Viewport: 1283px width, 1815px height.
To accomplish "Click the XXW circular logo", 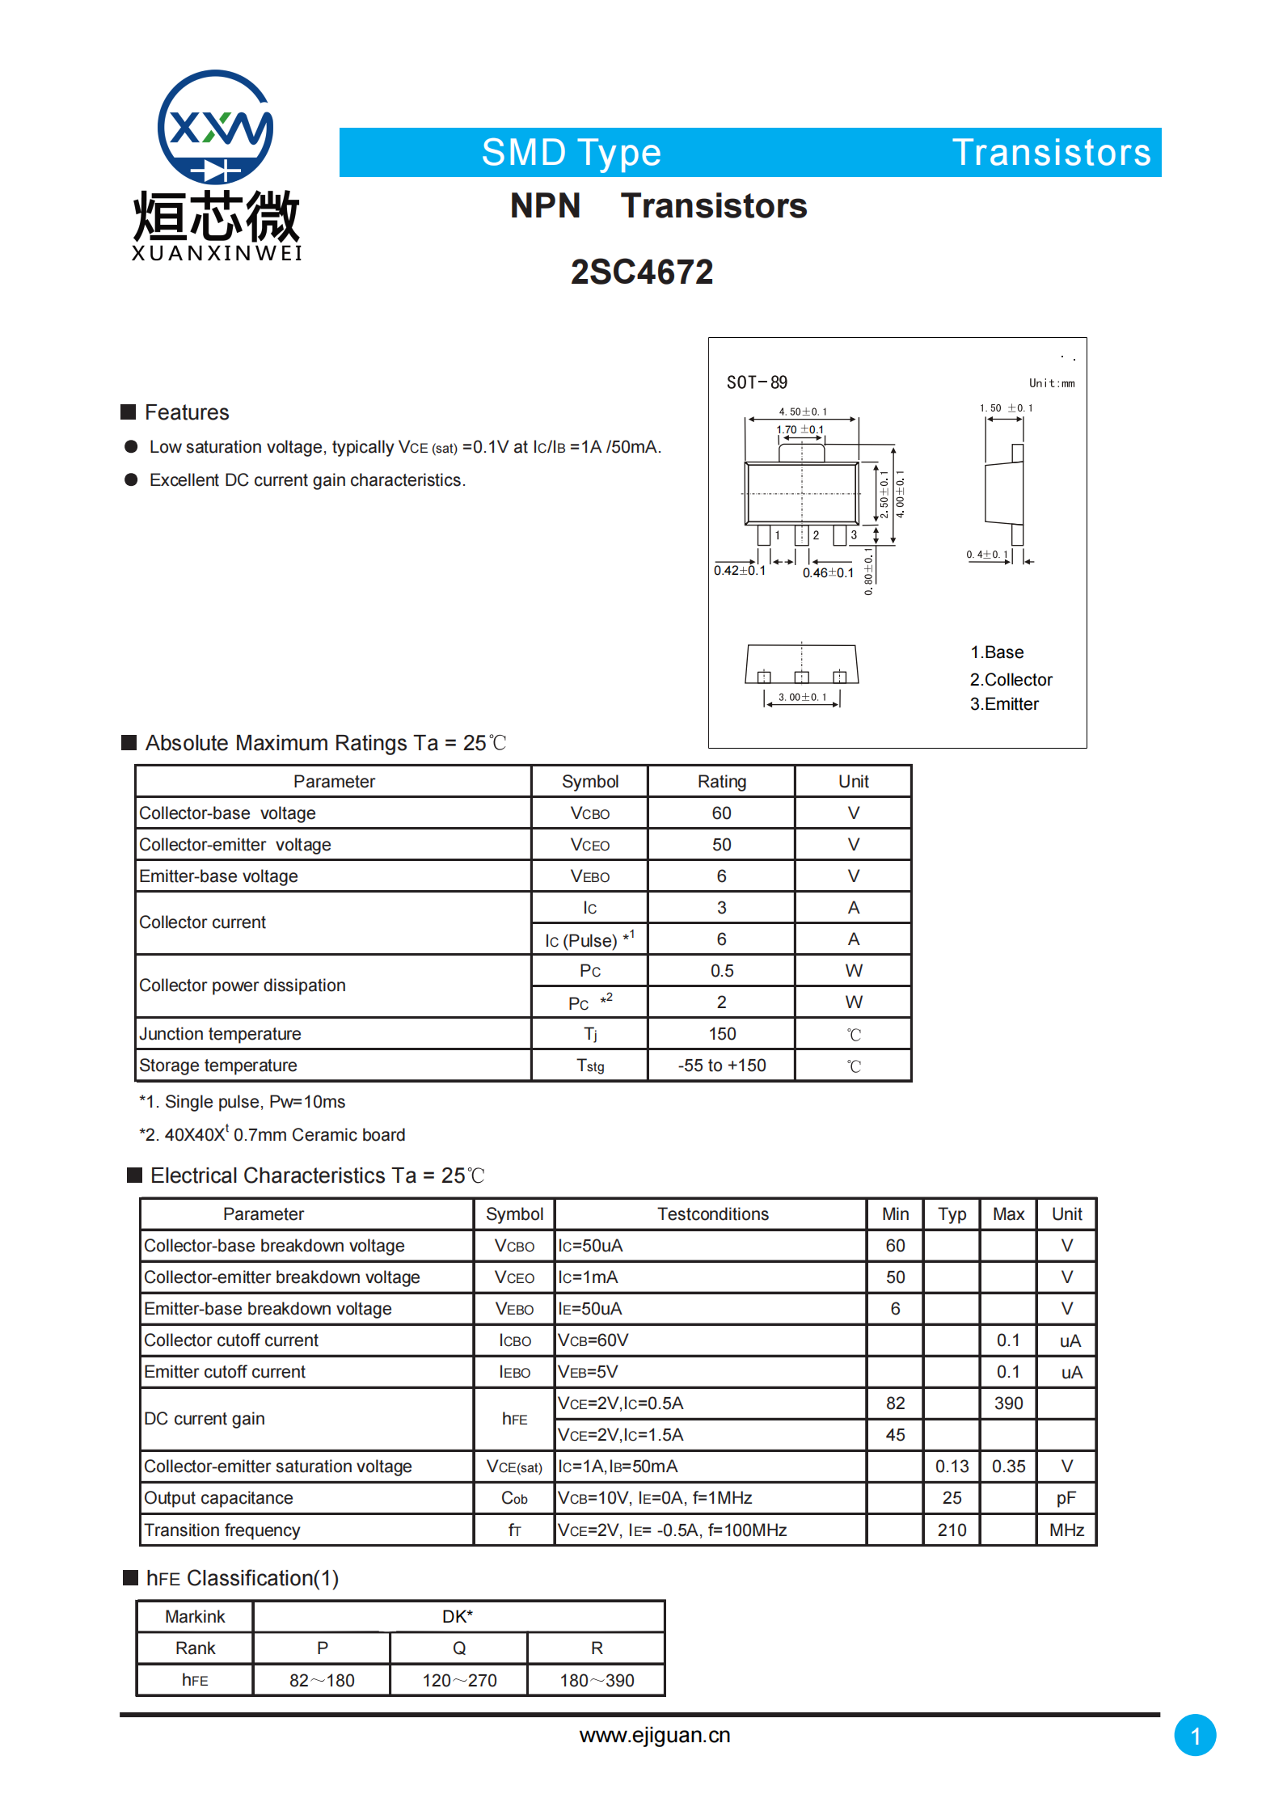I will pyautogui.click(x=215, y=127).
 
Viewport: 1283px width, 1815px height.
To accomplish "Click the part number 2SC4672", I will pyautogui.click(x=642, y=272).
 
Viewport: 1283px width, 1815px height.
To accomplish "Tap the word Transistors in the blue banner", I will pyautogui.click(x=1051, y=152).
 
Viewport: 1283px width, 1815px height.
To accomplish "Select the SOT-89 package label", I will pyautogui.click(x=757, y=382).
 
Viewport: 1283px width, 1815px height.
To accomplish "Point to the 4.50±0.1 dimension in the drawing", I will pyautogui.click(x=802, y=412).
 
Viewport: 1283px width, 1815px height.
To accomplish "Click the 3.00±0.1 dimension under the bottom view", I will pyautogui.click(x=802, y=697).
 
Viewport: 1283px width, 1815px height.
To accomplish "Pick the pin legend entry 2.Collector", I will pyautogui.click(x=1011, y=679).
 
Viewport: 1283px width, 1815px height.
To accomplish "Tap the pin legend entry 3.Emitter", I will pyautogui.click(x=1004, y=704).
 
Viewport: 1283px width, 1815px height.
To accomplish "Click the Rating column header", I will pyautogui.click(x=721, y=781).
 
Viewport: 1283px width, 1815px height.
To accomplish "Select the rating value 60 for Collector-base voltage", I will pyautogui.click(x=721, y=813).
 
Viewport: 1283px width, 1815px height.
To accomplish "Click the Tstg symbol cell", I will pyautogui.click(x=590, y=1066).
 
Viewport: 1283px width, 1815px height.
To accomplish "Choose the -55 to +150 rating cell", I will pyautogui.click(x=721, y=1066).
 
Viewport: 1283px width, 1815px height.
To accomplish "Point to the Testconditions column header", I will pyautogui.click(x=712, y=1214).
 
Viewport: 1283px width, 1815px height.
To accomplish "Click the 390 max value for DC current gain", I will pyautogui.click(x=1008, y=1403).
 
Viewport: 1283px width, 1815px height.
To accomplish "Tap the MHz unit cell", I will pyautogui.click(x=1066, y=1530).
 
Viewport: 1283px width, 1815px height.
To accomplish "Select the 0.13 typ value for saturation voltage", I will pyautogui.click(x=952, y=1466).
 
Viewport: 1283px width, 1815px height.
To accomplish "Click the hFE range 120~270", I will pyautogui.click(x=459, y=1680).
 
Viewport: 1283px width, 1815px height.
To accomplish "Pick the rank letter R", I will pyautogui.click(x=597, y=1648).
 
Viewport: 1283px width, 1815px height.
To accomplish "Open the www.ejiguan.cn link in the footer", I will pyautogui.click(x=655, y=1735).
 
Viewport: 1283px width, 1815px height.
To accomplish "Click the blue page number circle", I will pyautogui.click(x=1195, y=1735).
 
